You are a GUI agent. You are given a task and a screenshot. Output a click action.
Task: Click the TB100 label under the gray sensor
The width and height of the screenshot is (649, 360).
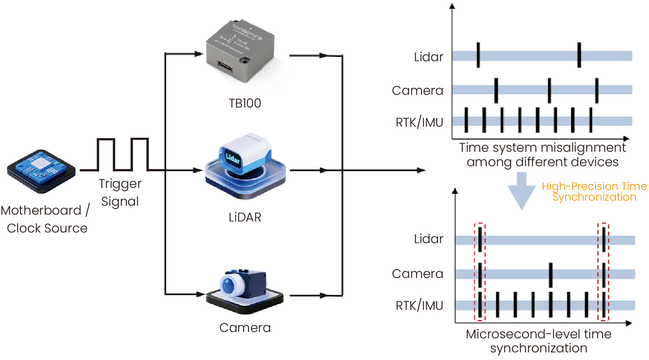[245, 103]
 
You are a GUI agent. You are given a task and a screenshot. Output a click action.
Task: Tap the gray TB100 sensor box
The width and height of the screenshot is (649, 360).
[240, 51]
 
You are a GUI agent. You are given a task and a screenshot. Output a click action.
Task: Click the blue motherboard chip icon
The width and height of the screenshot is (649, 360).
[41, 170]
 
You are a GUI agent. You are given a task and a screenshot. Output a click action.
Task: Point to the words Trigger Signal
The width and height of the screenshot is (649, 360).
[120, 192]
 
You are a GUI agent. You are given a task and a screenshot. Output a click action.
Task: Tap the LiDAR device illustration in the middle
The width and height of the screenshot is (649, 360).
[245, 166]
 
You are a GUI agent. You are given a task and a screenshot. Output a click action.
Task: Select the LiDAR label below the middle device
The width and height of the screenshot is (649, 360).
[245, 217]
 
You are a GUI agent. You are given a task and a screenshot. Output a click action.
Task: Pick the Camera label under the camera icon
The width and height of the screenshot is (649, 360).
[245, 328]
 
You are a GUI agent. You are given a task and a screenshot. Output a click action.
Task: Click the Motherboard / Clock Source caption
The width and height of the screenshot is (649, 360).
[46, 219]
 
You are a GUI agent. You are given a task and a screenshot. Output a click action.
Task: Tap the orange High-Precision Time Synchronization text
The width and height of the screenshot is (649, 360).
[594, 192]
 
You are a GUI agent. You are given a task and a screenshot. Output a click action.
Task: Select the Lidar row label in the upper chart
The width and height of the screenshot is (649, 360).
[428, 57]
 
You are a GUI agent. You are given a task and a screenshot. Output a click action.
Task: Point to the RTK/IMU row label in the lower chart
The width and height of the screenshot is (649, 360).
[420, 306]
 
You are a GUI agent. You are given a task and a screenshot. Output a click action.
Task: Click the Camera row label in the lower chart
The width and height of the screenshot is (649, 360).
[417, 274]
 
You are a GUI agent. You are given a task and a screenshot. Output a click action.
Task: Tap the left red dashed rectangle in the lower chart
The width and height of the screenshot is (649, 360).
[479, 272]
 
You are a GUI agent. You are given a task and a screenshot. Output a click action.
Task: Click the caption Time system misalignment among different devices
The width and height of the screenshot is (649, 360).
[542, 155]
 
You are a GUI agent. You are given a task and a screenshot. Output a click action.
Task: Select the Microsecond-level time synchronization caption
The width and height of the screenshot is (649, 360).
[538, 341]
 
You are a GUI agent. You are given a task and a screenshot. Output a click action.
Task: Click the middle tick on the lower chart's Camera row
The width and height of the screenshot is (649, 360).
[550, 275]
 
